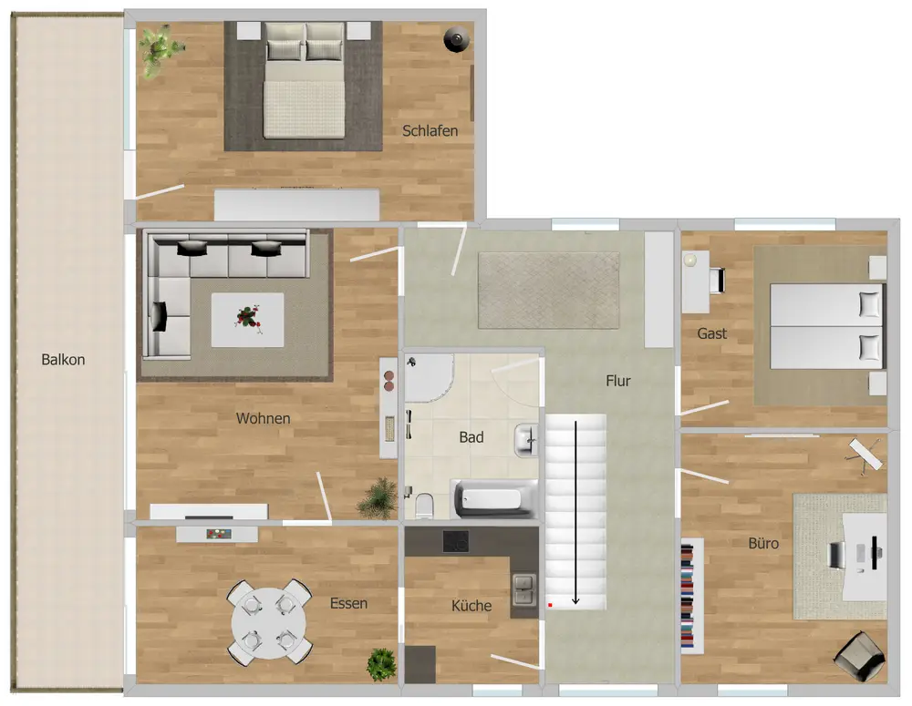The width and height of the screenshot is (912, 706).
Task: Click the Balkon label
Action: (x=63, y=360)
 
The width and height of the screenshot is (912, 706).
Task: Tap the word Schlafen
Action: (x=430, y=131)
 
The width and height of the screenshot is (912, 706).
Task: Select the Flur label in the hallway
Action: (x=617, y=381)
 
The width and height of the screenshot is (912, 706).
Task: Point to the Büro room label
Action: (x=763, y=543)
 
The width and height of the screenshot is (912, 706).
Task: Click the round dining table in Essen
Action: (x=269, y=623)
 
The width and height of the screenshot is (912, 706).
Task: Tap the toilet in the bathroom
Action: (x=424, y=506)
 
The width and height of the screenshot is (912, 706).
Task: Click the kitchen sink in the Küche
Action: (x=524, y=589)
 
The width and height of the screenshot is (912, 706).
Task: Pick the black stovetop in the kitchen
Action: (x=455, y=541)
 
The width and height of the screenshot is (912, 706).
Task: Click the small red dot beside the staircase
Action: (x=550, y=605)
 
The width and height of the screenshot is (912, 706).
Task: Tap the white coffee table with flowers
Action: (x=247, y=320)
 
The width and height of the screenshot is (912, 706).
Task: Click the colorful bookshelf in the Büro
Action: (x=688, y=596)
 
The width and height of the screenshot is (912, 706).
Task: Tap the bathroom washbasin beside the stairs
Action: (x=526, y=440)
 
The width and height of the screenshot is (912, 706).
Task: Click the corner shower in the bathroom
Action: (x=428, y=377)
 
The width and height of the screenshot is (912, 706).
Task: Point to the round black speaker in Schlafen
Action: (x=457, y=39)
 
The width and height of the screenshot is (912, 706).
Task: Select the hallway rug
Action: (x=548, y=291)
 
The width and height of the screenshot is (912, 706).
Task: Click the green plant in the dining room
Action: (x=381, y=664)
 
